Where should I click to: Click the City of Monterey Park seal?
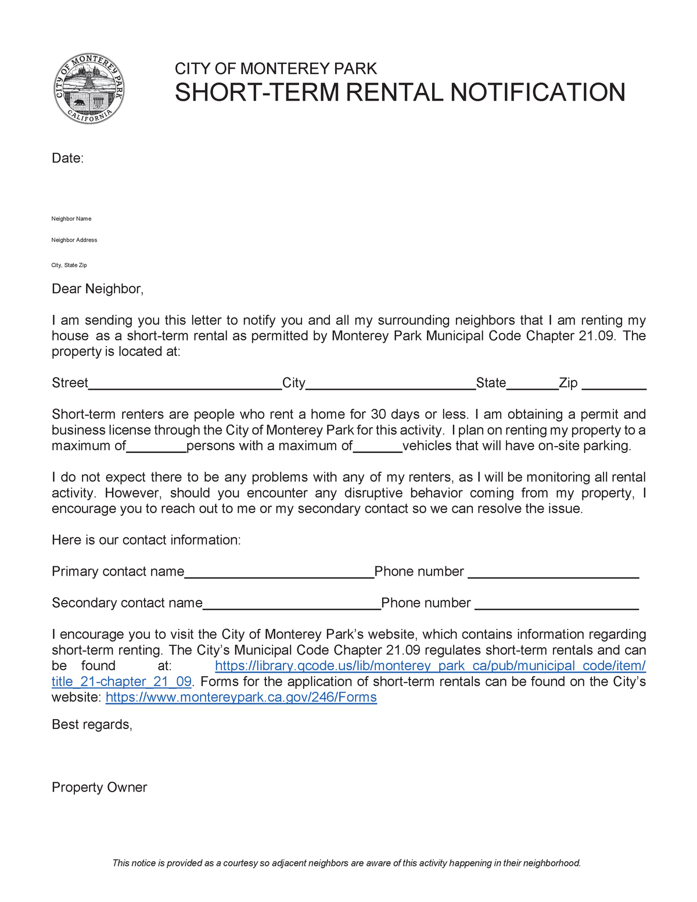89,89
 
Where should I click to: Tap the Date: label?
67,159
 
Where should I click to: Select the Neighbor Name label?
71,219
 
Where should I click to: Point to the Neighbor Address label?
74,240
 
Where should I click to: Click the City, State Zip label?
69,265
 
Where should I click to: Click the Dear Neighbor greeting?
97,289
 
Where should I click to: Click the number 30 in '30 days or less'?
378,415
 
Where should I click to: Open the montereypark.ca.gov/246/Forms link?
241,698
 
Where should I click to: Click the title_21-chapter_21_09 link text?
121,682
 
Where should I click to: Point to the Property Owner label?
99,788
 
